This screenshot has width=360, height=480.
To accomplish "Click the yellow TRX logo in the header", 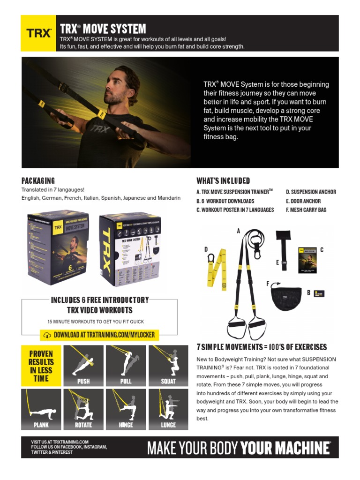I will coord(39,33).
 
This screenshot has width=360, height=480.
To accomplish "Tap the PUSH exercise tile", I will coord(83,366).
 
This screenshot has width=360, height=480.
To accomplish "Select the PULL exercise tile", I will coord(126,366).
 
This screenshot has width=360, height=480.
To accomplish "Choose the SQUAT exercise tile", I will coord(168,366).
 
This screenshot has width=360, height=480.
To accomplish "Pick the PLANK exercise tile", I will coord(41,409).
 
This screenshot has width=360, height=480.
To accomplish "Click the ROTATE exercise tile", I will coord(83,409).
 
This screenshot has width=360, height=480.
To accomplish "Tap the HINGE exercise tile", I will coord(126,409).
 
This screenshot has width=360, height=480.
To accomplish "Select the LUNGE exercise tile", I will coord(168,409).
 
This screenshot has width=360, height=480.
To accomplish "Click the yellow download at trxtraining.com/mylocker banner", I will coord(99,335).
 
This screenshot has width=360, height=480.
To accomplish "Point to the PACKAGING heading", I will coord(38,180).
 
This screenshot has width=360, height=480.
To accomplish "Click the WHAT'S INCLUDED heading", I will coord(223,180).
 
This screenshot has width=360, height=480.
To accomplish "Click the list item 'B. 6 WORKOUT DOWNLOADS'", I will coord(225,201).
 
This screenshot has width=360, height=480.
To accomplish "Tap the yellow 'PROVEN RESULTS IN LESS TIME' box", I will coord(41,366).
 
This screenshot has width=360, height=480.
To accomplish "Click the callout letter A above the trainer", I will coord(239,231).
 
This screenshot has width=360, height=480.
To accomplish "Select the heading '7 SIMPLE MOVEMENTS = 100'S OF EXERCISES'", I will coord(262,347).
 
